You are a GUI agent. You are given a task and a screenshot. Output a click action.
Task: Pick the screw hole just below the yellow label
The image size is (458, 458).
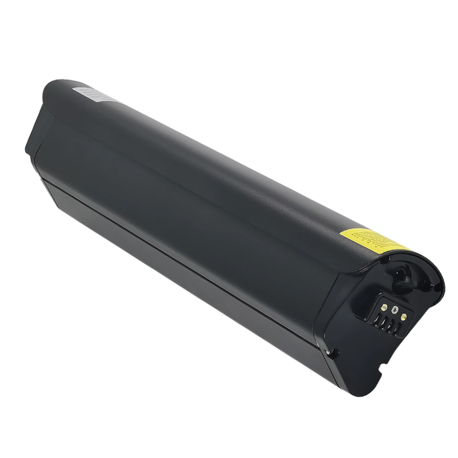[388, 260]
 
